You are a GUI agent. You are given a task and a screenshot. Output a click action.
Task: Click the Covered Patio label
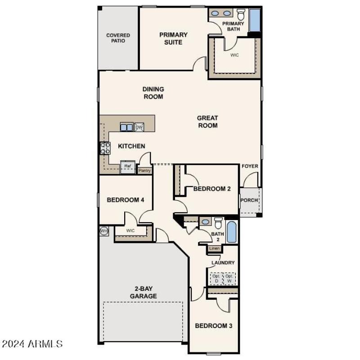[x=118, y=38]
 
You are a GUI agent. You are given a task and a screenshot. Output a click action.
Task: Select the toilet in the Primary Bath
[x=241, y=14]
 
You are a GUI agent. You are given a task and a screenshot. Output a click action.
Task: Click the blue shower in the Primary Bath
[x=255, y=20]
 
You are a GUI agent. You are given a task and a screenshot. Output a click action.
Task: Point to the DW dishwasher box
[x=139, y=127]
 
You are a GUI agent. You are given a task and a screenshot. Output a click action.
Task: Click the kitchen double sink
[x=126, y=127]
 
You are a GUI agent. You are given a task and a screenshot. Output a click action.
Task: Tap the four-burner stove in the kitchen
[x=105, y=148]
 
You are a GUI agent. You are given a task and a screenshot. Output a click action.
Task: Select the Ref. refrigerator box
[x=127, y=167]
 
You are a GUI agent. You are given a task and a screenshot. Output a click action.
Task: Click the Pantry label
[x=144, y=171]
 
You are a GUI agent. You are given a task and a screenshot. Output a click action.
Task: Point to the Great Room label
[x=207, y=122]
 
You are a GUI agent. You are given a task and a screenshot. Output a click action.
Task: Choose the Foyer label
[x=250, y=166]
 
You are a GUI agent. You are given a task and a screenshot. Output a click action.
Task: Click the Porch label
[x=249, y=201]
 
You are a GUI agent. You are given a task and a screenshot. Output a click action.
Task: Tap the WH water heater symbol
[x=103, y=231]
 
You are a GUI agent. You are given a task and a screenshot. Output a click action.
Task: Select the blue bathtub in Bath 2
[x=231, y=232]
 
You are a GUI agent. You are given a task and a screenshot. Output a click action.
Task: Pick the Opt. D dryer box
[x=216, y=279]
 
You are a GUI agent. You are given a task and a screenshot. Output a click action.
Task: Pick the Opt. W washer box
[x=229, y=279]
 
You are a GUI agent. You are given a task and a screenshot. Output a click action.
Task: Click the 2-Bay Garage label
[x=144, y=292]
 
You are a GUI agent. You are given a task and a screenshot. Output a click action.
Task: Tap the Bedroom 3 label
[x=213, y=325]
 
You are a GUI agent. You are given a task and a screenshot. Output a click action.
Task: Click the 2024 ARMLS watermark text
[x=32, y=344]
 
